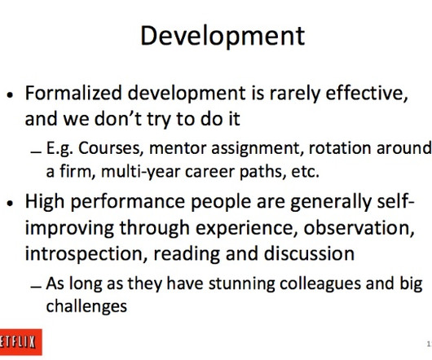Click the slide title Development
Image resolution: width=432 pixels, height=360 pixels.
point(223,37)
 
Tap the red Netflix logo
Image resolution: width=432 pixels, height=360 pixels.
point(20,342)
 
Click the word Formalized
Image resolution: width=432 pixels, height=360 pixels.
point(73,93)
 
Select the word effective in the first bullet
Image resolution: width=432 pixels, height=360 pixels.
point(367,94)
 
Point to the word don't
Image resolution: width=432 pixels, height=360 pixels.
point(117,119)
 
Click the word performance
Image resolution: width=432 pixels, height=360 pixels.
point(127,203)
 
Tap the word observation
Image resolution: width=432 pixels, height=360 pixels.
point(359,228)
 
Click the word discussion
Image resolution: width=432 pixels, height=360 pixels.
point(309,253)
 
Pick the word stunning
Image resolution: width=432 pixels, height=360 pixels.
point(241,284)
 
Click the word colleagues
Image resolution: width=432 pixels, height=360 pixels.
point(320,284)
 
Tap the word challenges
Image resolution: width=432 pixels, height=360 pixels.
point(86,306)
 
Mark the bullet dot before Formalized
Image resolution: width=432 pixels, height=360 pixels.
point(11,95)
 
